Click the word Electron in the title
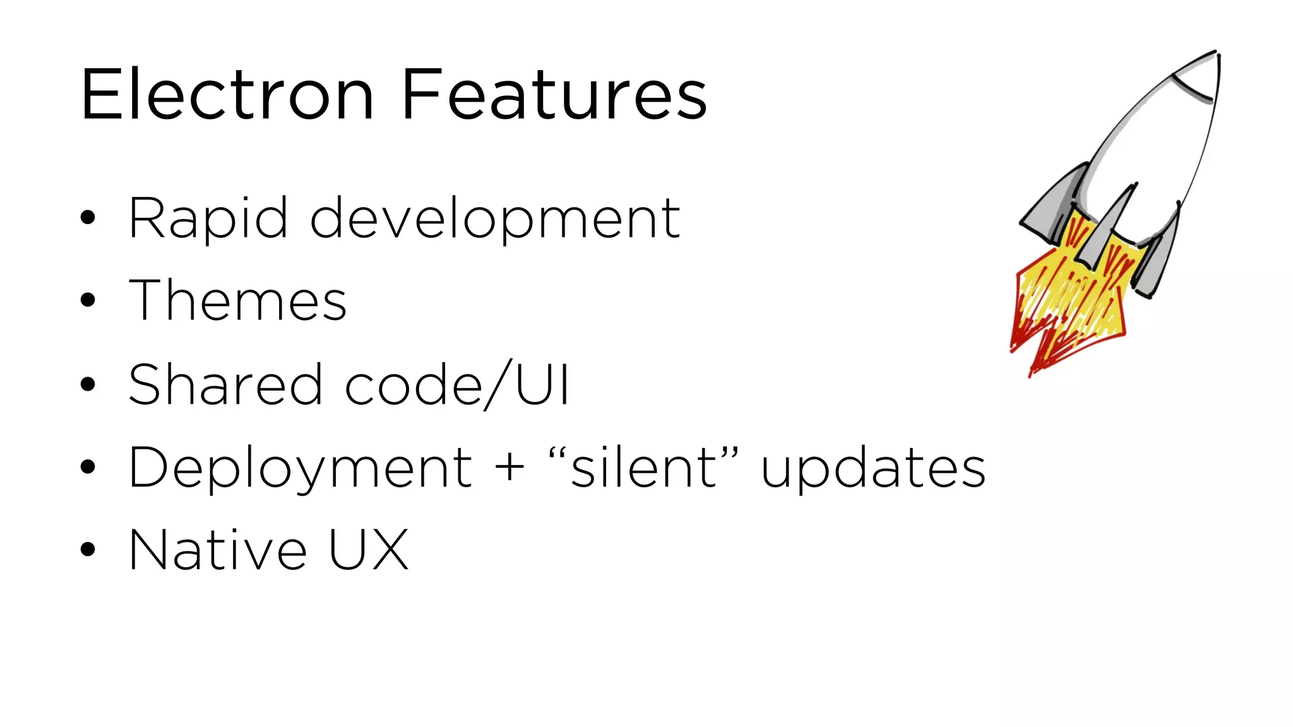click(x=227, y=95)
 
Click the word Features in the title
click(x=554, y=95)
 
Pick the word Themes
click(x=237, y=300)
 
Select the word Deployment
click(x=301, y=468)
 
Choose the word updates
click(x=873, y=468)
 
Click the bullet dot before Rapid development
click(x=88, y=218)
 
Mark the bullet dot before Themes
click(x=88, y=301)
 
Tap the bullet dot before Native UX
click(x=88, y=549)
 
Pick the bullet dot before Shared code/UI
click(x=88, y=384)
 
